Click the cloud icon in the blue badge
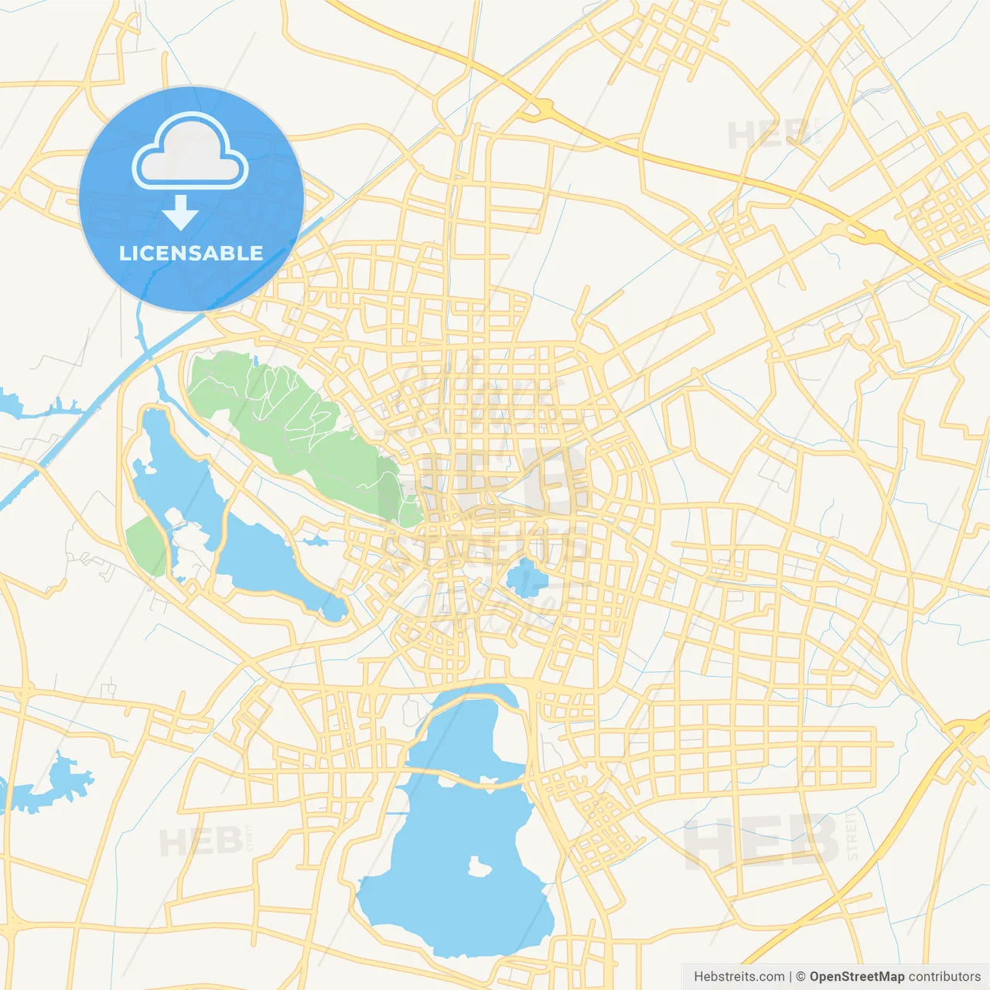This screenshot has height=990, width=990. tap(189, 152)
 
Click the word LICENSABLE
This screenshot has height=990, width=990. tap(191, 253)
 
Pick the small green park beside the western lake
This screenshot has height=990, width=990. tap(146, 544)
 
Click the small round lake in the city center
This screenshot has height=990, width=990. tap(526, 579)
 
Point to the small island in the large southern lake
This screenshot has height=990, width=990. tap(480, 867)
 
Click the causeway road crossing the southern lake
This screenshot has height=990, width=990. tap(464, 777)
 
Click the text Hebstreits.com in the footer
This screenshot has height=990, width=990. tap(739, 977)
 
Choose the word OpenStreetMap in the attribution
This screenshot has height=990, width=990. tap(856, 977)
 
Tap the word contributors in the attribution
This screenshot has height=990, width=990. tap(944, 977)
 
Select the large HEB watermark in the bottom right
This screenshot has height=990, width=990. tap(761, 841)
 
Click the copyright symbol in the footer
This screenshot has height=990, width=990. tap(801, 977)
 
